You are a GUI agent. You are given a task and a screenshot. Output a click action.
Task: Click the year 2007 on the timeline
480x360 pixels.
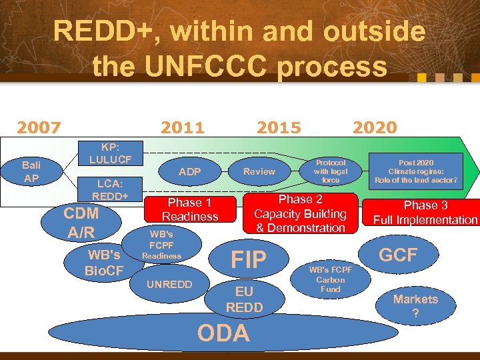click(39, 127)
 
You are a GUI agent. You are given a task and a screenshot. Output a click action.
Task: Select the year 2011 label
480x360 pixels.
click(183, 127)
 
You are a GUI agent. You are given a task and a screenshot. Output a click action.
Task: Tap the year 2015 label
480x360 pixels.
click(279, 127)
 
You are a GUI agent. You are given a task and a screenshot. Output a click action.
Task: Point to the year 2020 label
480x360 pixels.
click(374, 127)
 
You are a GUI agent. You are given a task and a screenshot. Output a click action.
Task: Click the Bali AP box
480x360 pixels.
click(31, 171)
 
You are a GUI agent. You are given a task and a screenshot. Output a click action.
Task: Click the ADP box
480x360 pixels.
click(190, 171)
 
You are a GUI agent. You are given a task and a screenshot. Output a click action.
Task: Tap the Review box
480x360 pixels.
click(259, 171)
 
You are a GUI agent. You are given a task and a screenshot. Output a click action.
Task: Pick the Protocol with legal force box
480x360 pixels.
click(331, 171)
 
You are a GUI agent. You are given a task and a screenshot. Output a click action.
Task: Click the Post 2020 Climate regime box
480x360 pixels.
click(416, 171)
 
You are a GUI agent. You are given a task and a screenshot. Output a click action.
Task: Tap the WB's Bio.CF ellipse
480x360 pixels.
click(105, 263)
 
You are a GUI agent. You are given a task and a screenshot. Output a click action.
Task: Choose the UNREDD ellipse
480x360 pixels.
click(169, 285)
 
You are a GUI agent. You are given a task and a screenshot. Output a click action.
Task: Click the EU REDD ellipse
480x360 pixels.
click(244, 299)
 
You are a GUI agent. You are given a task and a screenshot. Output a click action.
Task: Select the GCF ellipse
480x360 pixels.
click(398, 254)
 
